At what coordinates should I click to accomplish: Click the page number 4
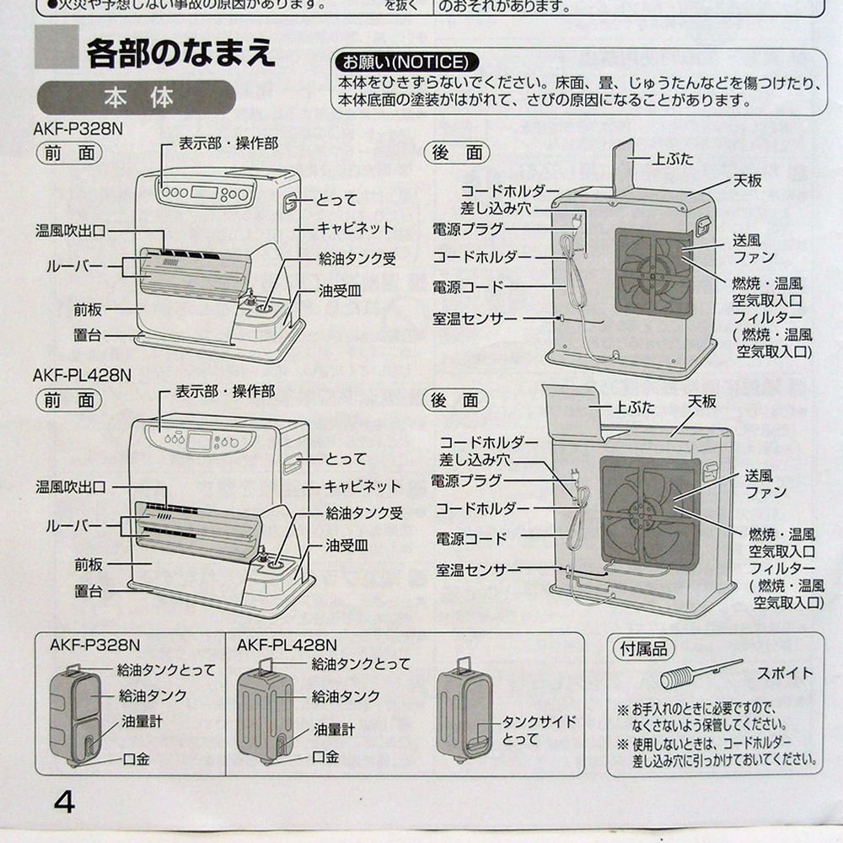[64, 800]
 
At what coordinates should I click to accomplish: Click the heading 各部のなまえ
[180, 53]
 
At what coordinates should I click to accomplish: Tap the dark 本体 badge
[136, 97]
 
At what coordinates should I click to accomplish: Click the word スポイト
[784, 674]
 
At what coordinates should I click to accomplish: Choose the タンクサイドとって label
[539, 730]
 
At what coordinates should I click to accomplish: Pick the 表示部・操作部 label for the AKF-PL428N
[225, 392]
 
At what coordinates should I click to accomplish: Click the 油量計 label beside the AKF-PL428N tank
[334, 729]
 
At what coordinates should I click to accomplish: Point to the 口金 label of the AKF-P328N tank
[136, 759]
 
